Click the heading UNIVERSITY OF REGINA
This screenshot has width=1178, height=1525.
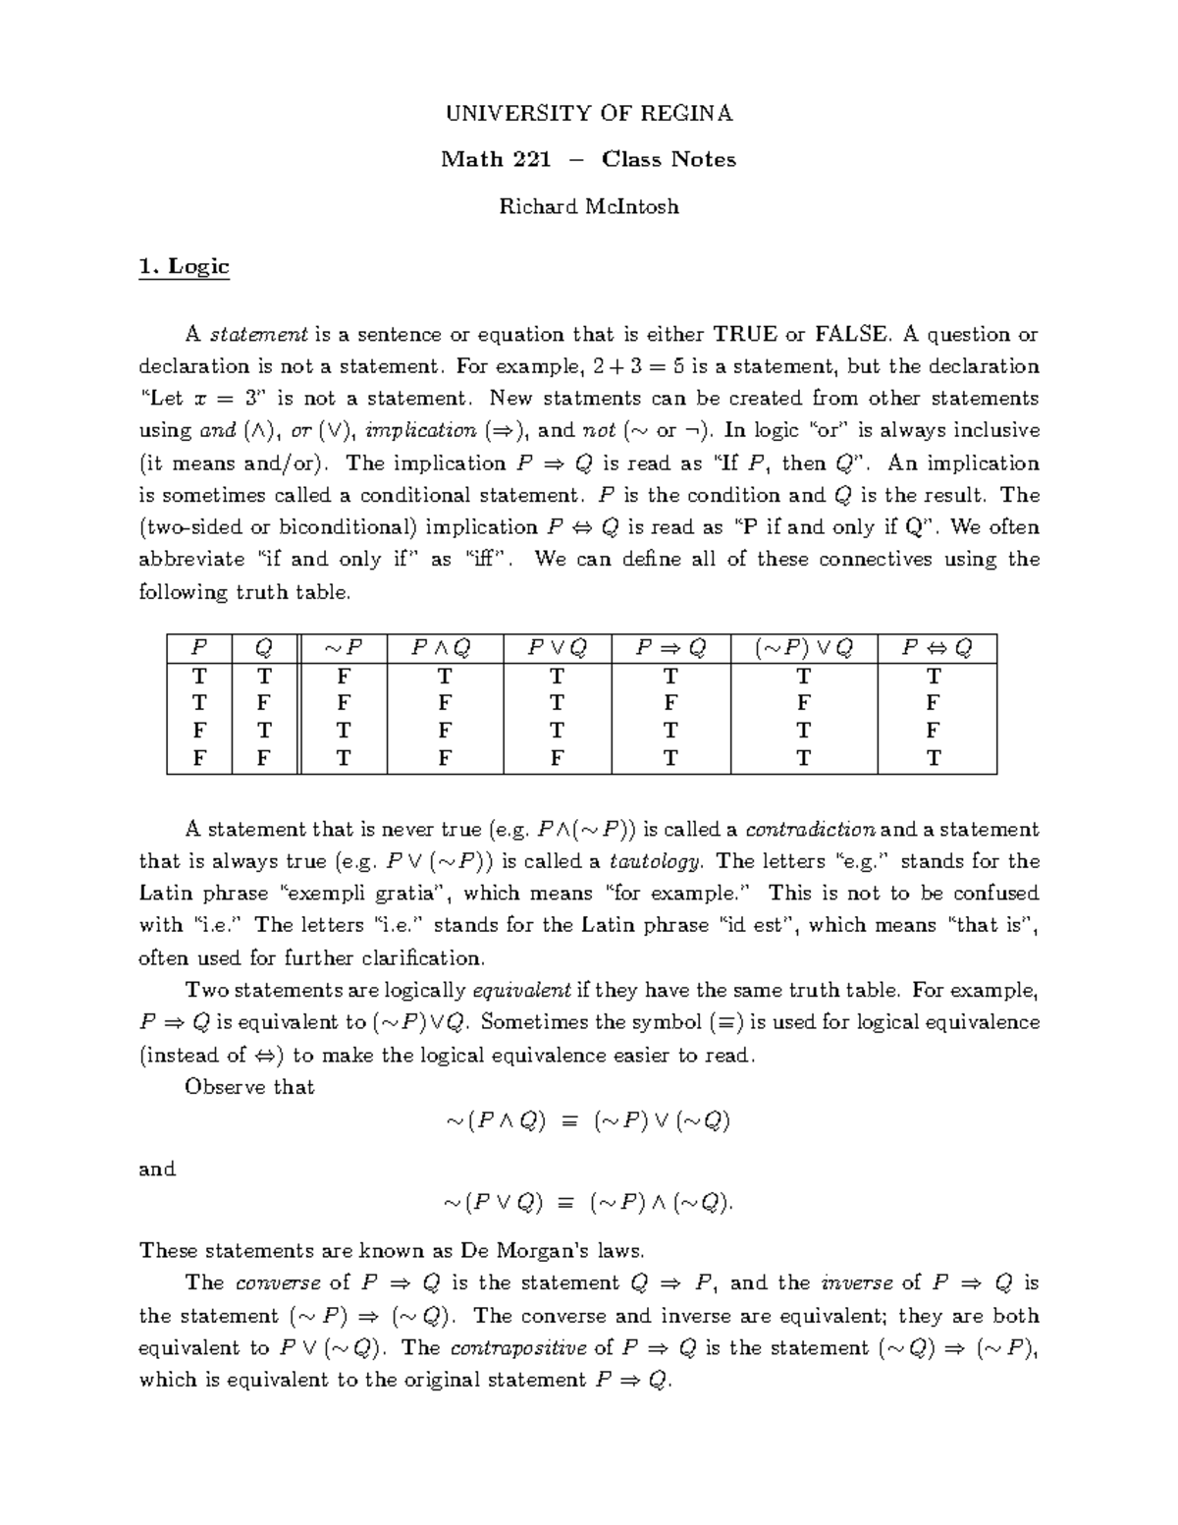point(589,113)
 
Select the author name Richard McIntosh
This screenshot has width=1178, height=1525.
point(589,206)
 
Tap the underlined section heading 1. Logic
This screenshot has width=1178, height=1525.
point(185,266)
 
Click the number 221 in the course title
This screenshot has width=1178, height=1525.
point(530,159)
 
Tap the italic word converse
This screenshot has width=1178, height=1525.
point(279,1282)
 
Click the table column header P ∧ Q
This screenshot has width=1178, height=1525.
point(444,648)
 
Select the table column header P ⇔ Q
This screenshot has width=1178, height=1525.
point(936,648)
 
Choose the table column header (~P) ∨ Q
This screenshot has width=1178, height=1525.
point(804,648)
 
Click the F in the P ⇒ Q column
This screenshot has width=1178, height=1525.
point(669,703)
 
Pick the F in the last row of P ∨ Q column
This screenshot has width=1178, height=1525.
point(557,758)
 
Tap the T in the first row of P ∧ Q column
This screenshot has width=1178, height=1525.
point(444,676)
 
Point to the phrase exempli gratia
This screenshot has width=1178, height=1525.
point(366,894)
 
